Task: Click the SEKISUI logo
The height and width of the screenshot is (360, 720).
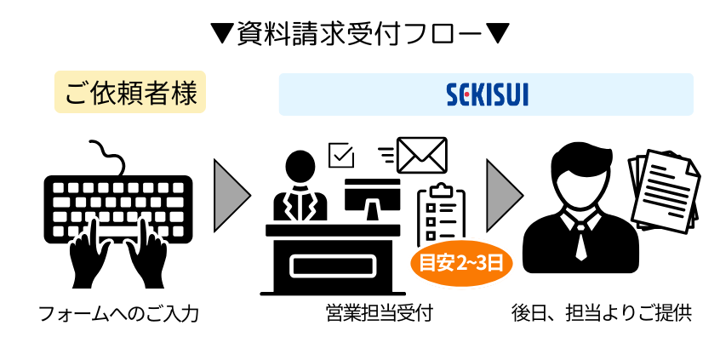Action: click(x=487, y=94)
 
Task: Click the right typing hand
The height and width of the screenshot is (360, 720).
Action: click(x=146, y=254)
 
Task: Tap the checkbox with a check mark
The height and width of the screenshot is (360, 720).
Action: click(x=340, y=155)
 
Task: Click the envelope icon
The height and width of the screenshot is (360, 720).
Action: click(x=422, y=154)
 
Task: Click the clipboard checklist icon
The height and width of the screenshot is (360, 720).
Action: click(x=441, y=214)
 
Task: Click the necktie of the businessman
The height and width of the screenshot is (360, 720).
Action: click(x=580, y=243)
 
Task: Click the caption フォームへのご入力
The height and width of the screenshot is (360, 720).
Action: click(x=118, y=314)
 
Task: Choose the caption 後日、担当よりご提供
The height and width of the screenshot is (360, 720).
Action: click(x=601, y=314)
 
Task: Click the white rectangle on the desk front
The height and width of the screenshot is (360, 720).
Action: click(x=328, y=266)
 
